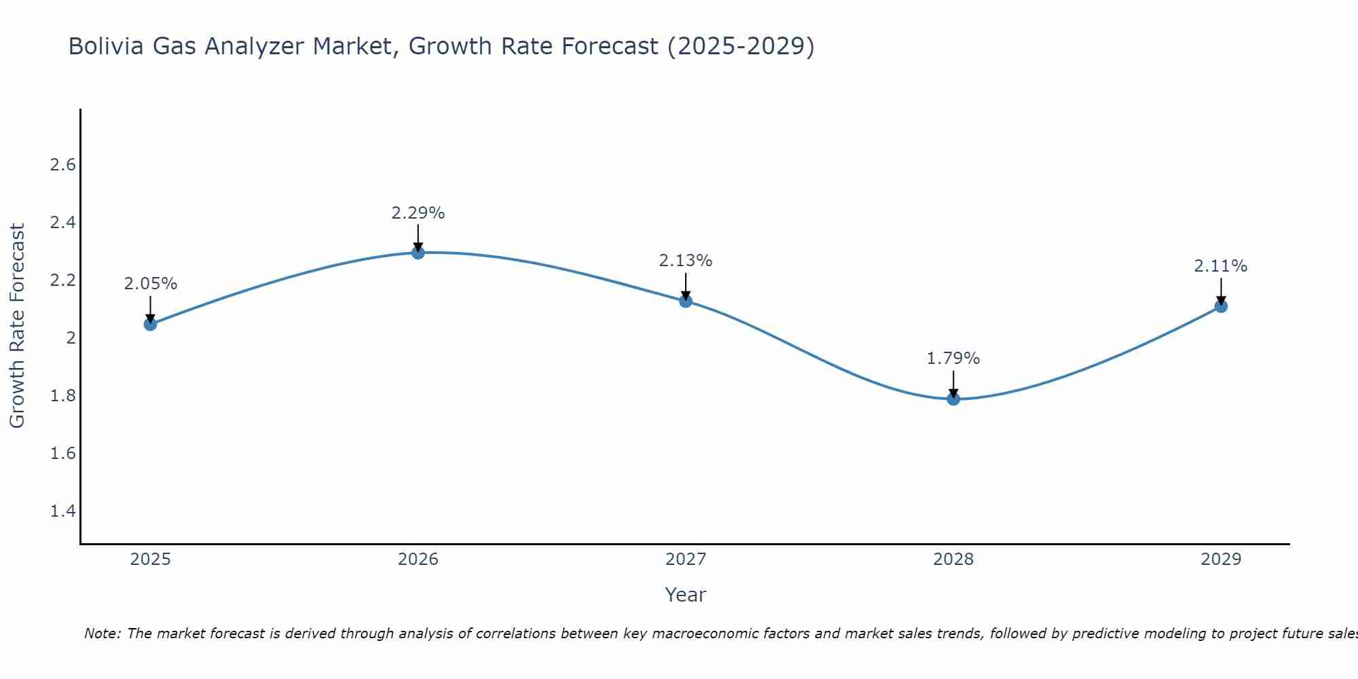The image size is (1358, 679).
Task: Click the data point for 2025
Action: [x=150, y=324]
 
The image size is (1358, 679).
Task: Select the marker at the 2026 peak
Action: [x=418, y=253]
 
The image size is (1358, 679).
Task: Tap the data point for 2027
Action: [x=686, y=301]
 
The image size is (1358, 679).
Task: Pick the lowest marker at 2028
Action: [x=953, y=399]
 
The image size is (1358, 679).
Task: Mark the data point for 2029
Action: [x=1221, y=306]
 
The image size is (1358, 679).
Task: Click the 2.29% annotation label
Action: [x=418, y=213]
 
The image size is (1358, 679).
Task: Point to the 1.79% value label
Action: [x=953, y=359]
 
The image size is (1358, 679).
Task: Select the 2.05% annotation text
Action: [x=150, y=284]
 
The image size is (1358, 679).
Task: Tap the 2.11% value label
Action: [x=1221, y=266]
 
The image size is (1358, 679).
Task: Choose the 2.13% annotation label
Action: [x=686, y=261]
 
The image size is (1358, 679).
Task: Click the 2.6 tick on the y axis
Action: [x=63, y=165]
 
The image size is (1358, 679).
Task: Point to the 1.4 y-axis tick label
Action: [x=63, y=511]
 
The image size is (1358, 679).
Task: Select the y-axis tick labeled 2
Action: [x=71, y=338]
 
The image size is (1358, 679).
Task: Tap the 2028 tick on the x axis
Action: [x=953, y=559]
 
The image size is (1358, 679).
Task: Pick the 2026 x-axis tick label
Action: [x=418, y=559]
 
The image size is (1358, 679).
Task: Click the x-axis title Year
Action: [x=686, y=595]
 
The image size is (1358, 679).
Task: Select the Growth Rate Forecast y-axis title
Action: [x=17, y=326]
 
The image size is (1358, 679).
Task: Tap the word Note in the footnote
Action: [x=101, y=634]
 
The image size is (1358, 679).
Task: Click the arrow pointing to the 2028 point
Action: [x=953, y=384]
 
